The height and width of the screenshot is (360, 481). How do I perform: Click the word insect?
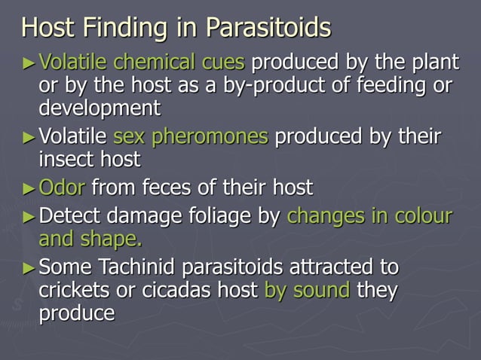pos(70,160)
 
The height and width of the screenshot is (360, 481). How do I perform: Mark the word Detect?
pos(71,216)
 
